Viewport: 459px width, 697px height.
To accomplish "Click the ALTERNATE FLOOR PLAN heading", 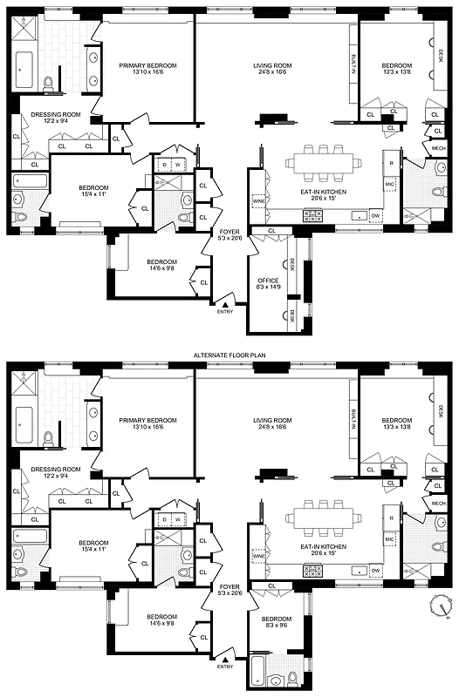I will [229, 355].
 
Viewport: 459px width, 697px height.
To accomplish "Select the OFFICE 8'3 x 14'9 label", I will [268, 284].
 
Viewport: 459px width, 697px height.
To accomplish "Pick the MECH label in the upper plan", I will [438, 148].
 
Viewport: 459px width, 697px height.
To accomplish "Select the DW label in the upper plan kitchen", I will [374, 214].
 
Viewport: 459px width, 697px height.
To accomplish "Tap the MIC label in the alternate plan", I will [390, 539].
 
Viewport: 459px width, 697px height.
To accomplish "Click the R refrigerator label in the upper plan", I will [392, 164].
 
